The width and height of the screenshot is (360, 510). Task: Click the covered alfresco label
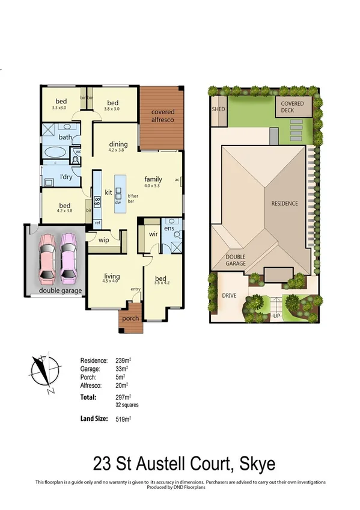click(x=163, y=116)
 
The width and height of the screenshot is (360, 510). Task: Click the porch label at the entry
click(x=130, y=318)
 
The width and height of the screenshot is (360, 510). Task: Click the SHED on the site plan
click(x=218, y=110)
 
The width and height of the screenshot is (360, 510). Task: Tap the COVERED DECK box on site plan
click(x=293, y=107)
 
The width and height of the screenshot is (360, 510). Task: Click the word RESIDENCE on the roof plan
click(x=284, y=203)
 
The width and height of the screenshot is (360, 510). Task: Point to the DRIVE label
click(x=228, y=296)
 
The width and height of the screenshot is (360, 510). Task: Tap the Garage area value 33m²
click(x=121, y=369)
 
